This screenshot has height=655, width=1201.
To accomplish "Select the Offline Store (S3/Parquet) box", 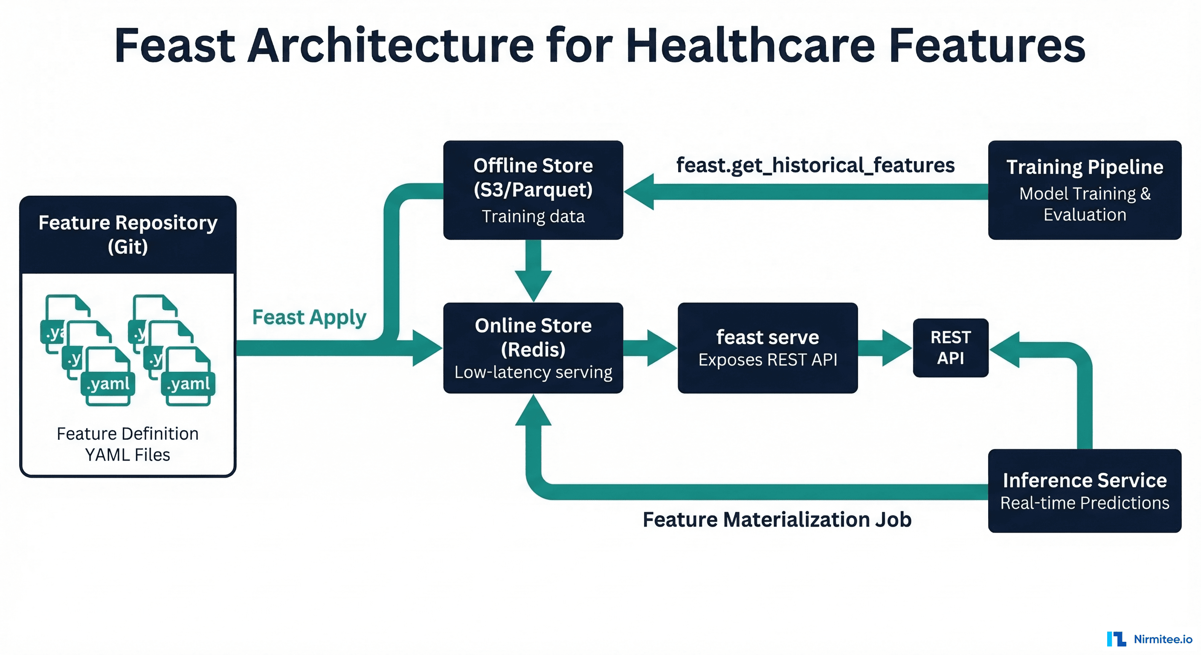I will coord(533,190).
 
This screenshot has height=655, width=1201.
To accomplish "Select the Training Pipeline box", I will coord(1085,190).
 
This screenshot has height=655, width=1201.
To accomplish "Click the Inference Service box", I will coord(1085,490).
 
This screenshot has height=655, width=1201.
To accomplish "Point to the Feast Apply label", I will coord(309,317).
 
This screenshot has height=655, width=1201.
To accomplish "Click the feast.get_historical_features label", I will coord(815,165).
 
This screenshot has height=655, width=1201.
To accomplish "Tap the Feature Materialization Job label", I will coord(777,519).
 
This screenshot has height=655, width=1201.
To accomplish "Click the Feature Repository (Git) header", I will coord(128,235).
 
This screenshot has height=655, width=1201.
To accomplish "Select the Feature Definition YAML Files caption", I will coord(128,444).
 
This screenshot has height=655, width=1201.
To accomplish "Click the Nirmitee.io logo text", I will coord(1162,639).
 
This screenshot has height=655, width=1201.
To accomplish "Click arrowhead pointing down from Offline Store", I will coord(533,284).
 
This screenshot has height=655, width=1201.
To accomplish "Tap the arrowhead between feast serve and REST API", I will coord(895,348).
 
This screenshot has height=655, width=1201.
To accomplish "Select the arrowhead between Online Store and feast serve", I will coord(660,348).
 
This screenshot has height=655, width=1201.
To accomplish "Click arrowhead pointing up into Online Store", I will coord(533,412).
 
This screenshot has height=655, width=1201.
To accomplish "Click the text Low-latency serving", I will coord(533,372).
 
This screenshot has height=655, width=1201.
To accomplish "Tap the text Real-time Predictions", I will coord(1085,503).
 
